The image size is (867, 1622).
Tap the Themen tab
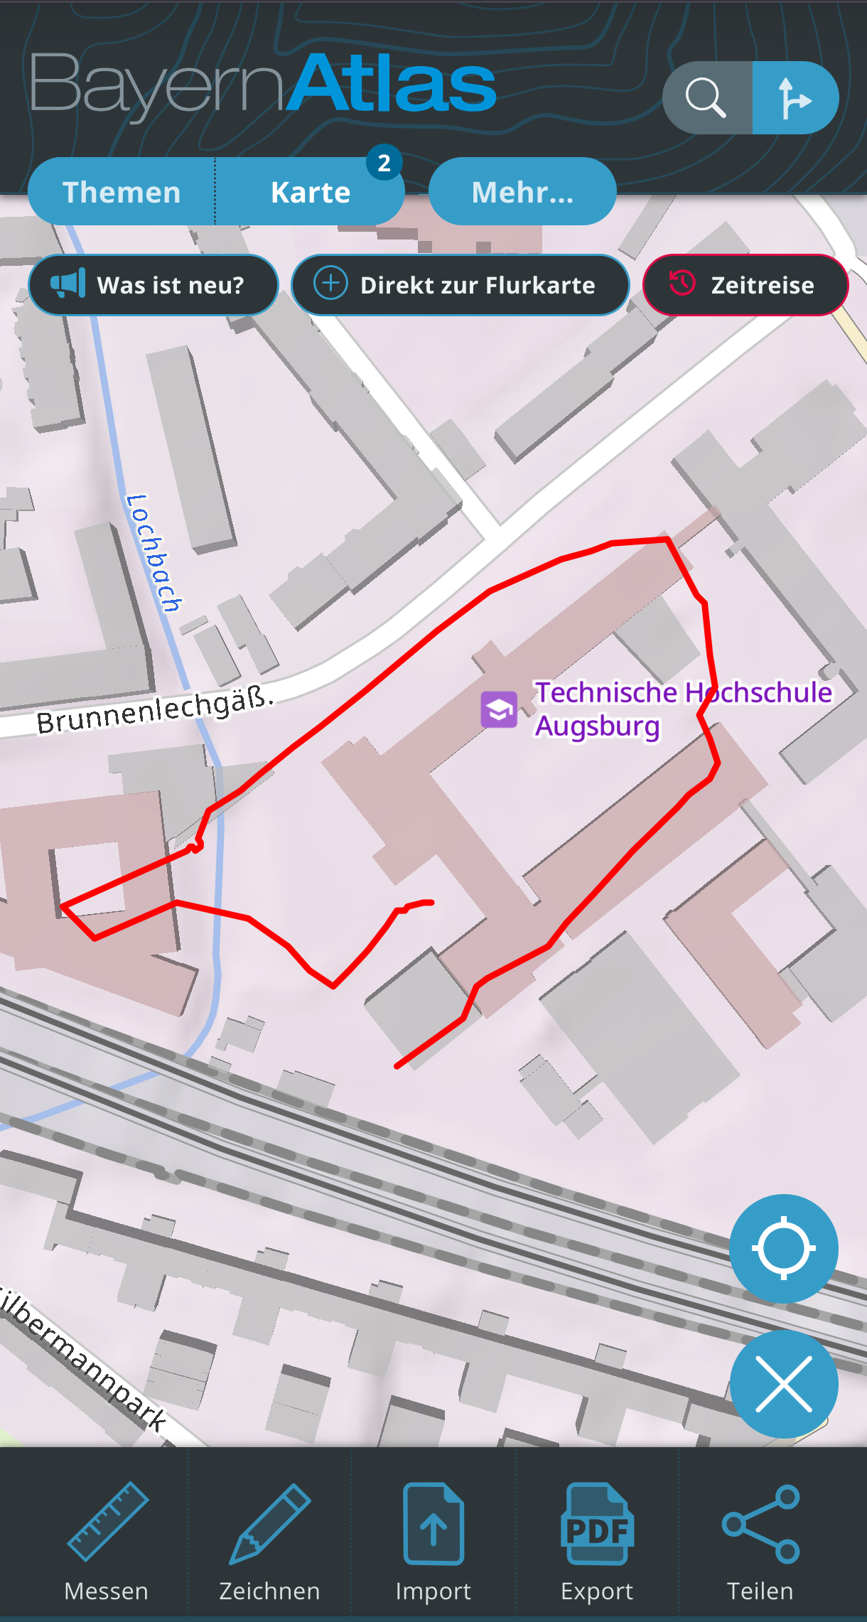[122, 192]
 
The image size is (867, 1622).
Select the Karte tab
[311, 192]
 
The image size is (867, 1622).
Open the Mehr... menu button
[522, 192]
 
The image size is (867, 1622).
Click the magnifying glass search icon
[706, 97]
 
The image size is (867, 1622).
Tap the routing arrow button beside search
[795, 97]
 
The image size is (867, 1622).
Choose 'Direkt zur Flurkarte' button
[461, 285]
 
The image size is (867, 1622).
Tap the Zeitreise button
[745, 285]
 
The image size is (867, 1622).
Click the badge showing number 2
[384, 163]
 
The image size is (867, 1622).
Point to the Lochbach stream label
[154, 553]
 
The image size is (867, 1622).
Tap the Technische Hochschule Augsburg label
[682, 709]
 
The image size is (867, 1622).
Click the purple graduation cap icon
[499, 709]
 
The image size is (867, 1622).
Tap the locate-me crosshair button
[783, 1248]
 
